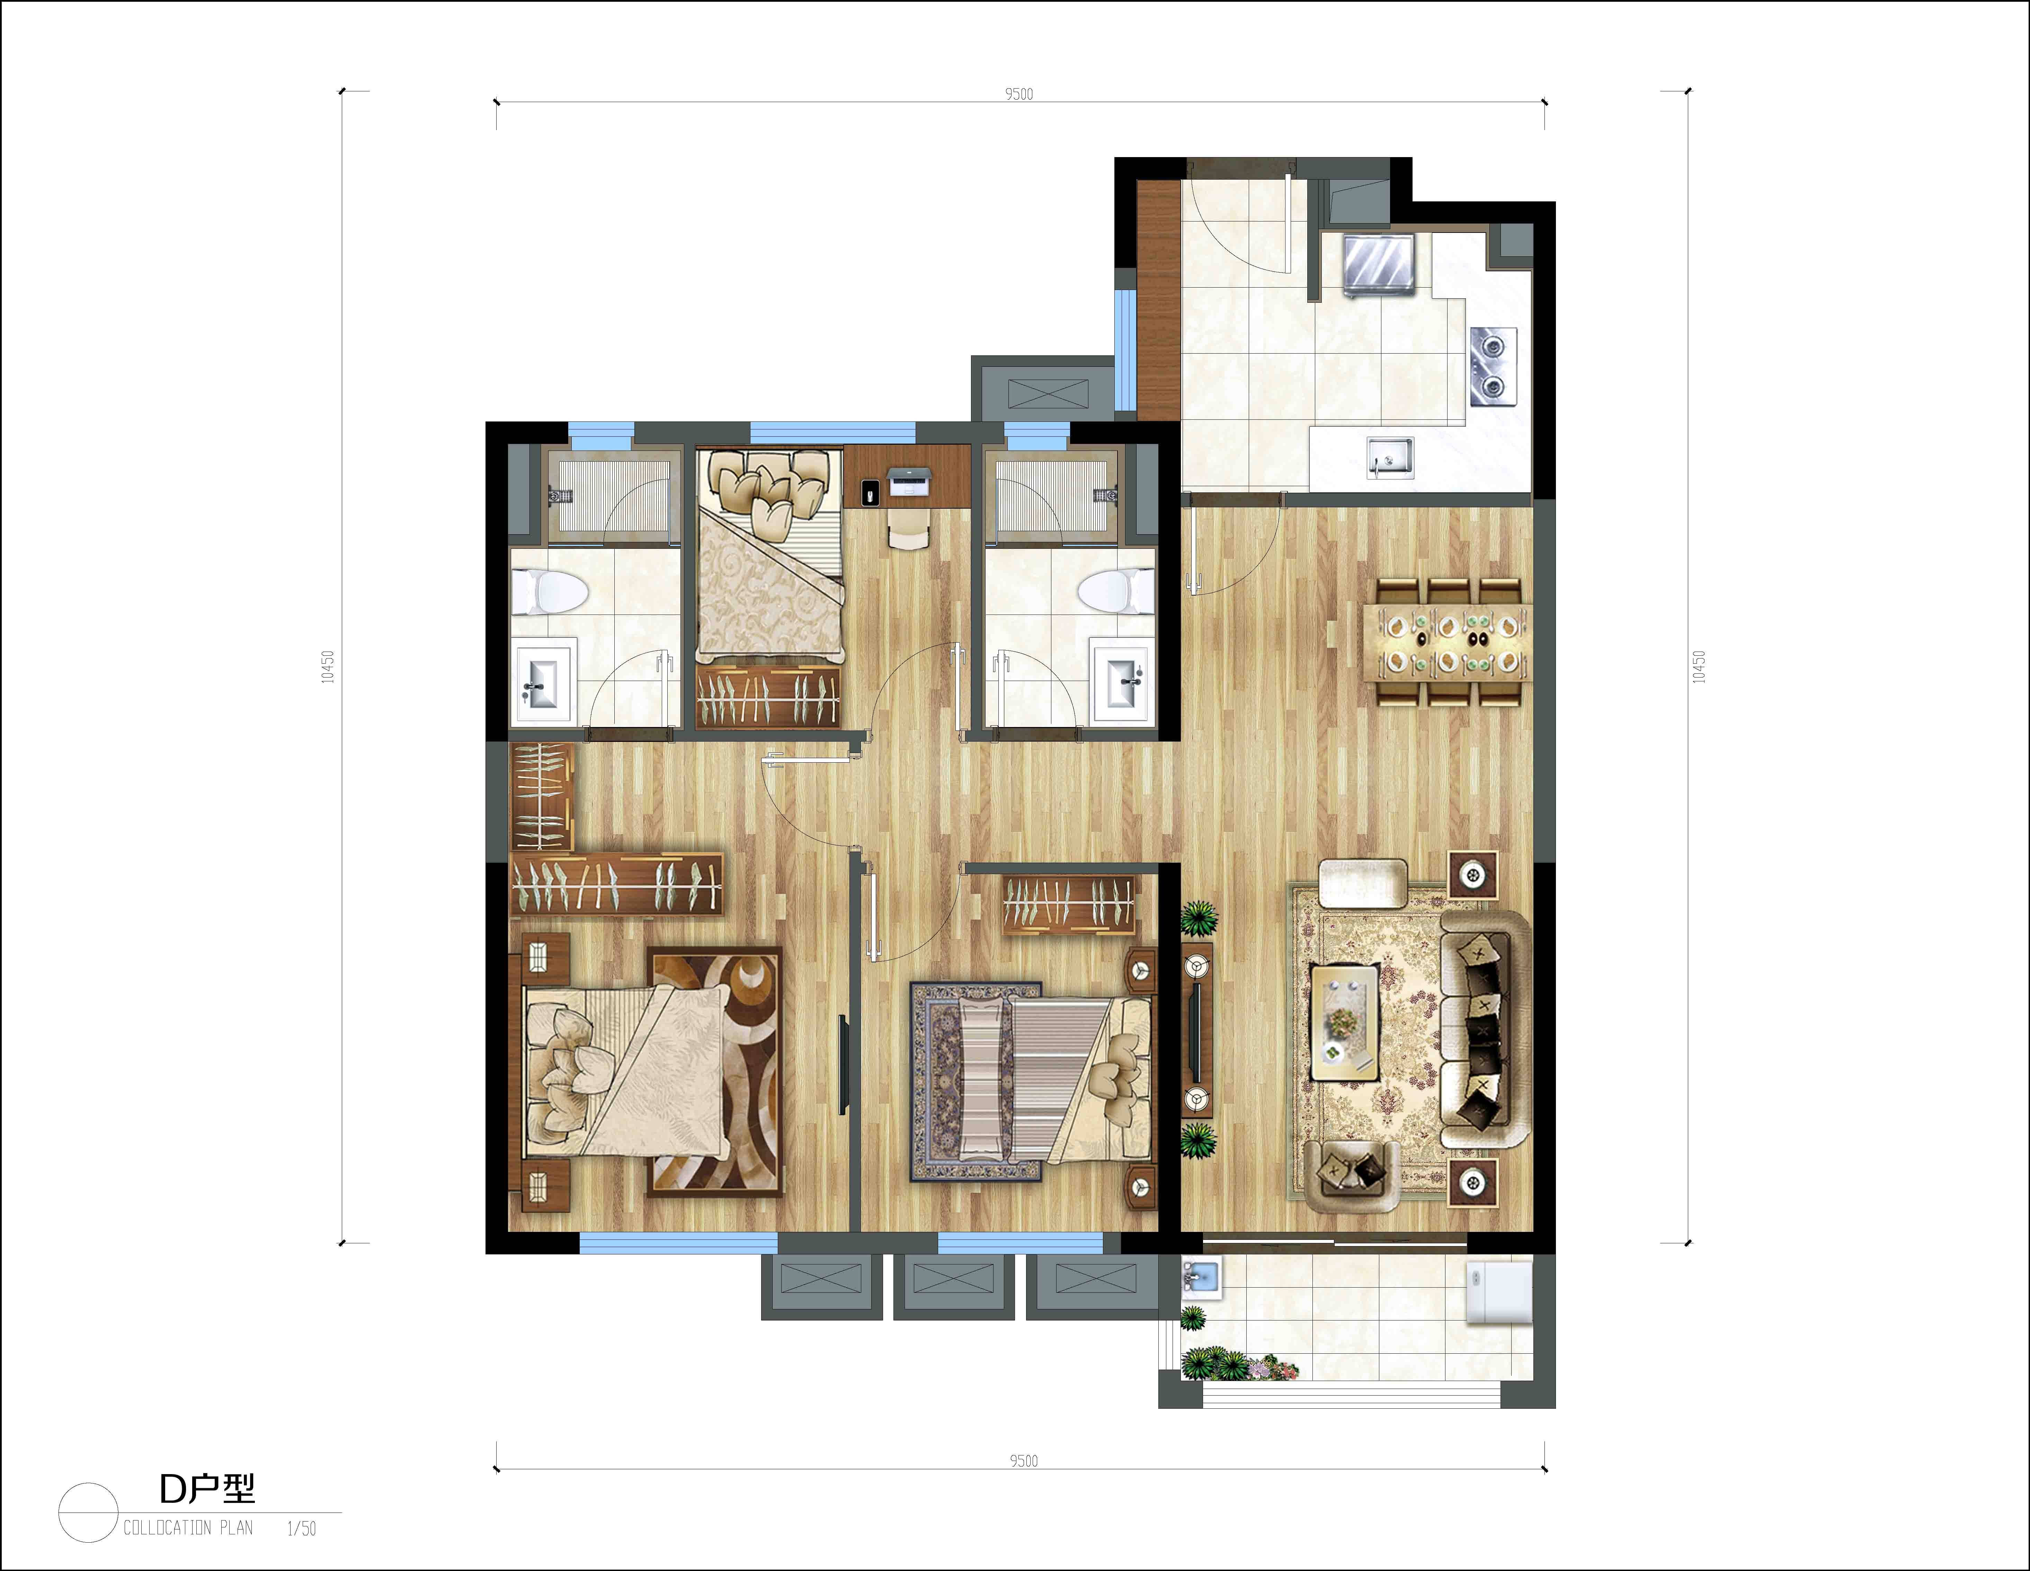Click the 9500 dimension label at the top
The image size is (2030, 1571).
click(1019, 94)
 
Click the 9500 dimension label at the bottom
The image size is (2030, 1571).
click(1023, 1461)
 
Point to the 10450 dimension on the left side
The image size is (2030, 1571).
click(327, 667)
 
